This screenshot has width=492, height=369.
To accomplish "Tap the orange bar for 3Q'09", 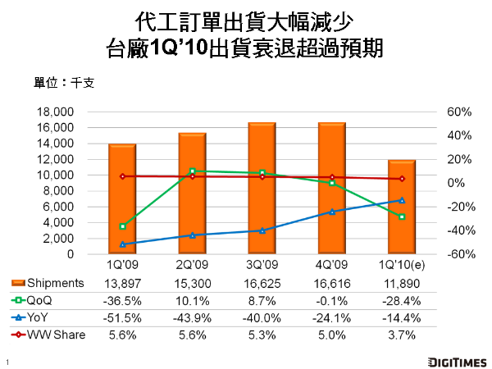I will [262, 189].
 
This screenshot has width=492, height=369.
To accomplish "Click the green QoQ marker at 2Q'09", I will [192, 171].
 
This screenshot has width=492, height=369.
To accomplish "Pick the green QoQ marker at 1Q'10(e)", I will [402, 216].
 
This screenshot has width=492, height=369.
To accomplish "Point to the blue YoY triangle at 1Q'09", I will [122, 244].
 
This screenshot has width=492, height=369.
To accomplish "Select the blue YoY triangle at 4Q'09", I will [332, 212].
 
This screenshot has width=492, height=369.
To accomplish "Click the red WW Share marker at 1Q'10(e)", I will [402, 179].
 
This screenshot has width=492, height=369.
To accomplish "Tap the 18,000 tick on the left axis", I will [57, 112].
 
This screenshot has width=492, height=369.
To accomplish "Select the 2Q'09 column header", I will [192, 266].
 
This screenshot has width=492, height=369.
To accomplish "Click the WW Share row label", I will [57, 334].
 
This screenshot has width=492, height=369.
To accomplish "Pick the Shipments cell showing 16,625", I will [262, 282].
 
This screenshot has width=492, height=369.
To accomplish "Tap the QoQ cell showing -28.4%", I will [402, 299].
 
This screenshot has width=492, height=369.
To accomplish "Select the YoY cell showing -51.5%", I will [122, 317].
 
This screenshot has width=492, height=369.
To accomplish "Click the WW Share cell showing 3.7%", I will [402, 334].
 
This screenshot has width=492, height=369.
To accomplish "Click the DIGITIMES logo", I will [455, 360].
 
